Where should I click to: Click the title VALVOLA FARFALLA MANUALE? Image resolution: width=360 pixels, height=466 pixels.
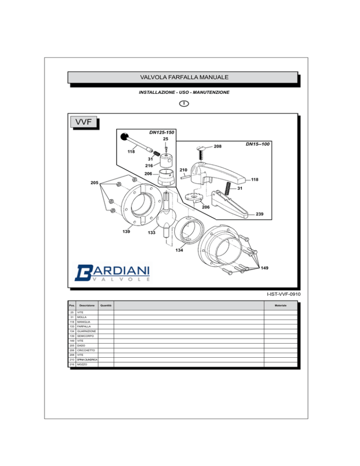184,77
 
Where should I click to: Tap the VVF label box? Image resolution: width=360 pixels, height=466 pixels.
83,122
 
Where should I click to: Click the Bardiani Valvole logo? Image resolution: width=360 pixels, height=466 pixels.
112,272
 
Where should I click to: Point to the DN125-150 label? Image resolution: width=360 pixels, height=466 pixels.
162,132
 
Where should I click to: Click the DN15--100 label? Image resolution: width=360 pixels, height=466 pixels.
257,144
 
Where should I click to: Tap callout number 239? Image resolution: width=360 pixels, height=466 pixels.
260,214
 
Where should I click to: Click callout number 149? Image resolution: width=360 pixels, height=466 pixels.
264,268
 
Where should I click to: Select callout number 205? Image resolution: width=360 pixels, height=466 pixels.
95,182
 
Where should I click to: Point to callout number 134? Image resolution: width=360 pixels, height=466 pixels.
179,250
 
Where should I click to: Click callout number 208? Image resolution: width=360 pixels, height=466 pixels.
217,146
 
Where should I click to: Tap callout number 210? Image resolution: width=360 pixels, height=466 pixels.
183,170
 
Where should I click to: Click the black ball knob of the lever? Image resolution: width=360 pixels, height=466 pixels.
124,137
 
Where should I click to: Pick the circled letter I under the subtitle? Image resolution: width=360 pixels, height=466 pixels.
184,104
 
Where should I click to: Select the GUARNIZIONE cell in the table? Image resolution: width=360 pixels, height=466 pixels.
87,331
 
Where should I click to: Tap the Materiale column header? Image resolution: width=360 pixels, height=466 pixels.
281,306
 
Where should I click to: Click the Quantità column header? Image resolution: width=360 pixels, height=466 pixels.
106,306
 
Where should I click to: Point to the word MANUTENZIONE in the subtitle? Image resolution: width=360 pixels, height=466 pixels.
211,92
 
